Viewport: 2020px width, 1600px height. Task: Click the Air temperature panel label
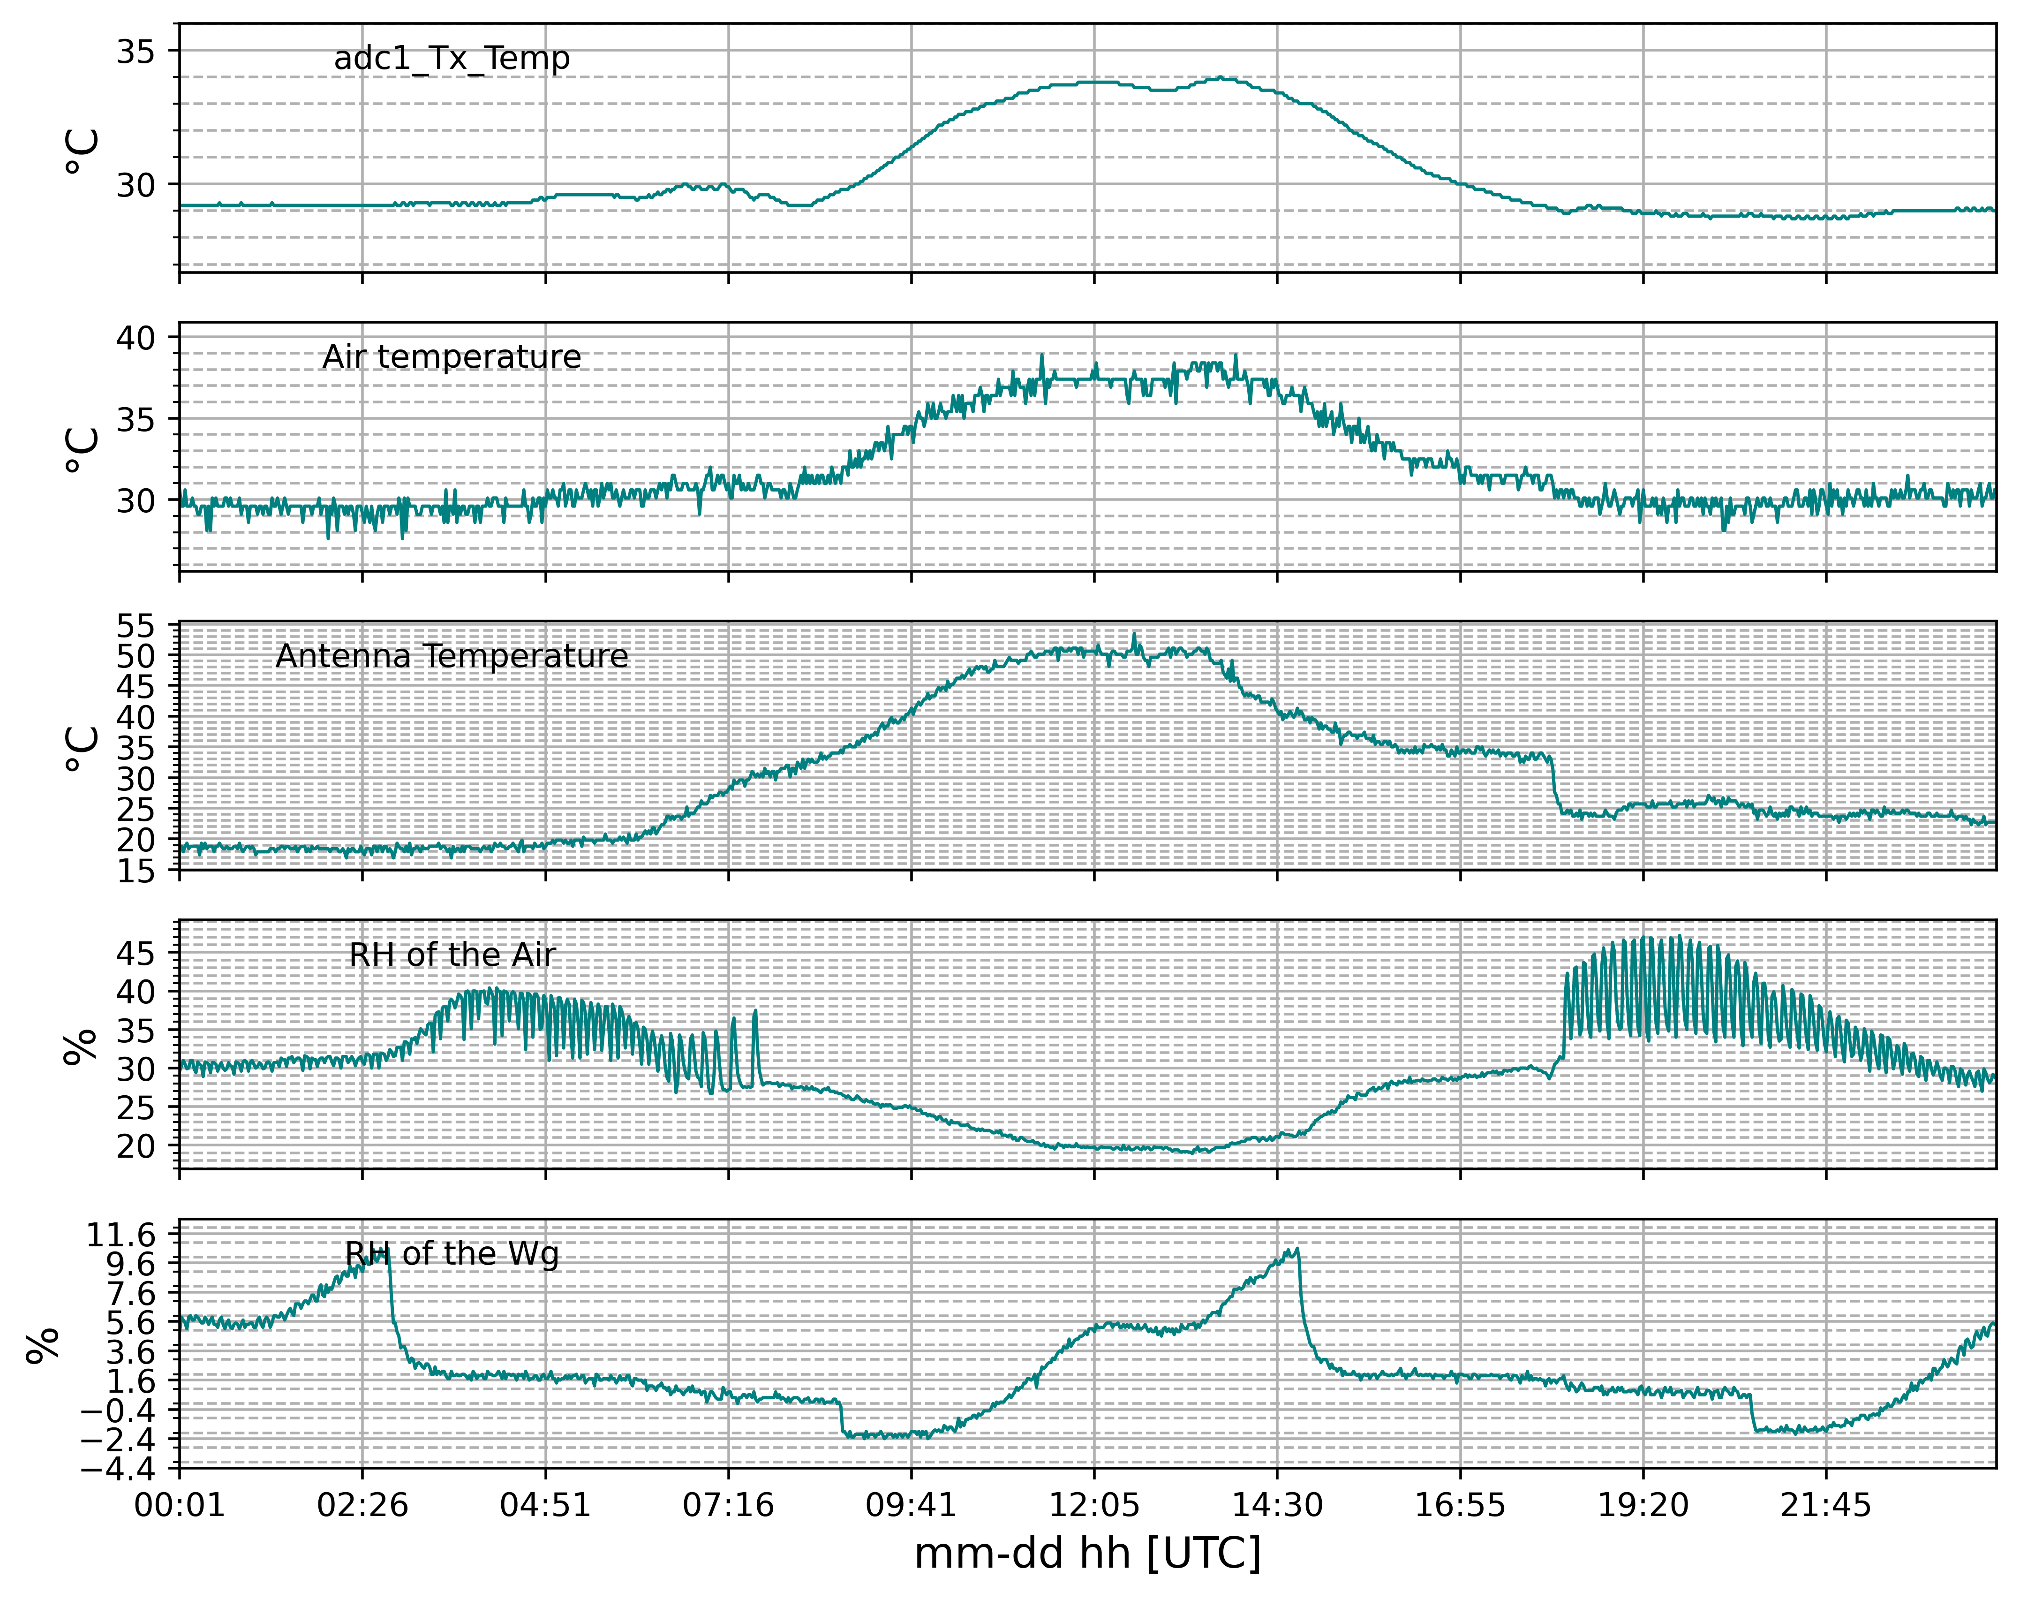(x=452, y=357)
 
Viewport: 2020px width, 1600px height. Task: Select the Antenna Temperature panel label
(x=452, y=656)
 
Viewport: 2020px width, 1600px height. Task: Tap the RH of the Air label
(x=452, y=955)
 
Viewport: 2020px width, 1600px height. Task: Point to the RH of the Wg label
(x=452, y=1253)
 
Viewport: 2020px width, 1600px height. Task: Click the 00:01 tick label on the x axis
(x=180, y=1505)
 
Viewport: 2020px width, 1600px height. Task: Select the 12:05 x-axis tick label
(x=1094, y=1505)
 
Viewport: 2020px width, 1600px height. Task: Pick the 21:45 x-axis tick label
(x=1825, y=1505)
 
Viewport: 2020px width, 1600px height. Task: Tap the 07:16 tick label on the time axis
(x=729, y=1505)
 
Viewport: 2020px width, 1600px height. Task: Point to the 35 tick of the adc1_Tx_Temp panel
(x=136, y=52)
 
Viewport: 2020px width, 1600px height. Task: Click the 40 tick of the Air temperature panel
(x=136, y=337)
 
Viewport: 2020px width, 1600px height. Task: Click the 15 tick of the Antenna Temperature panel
(x=136, y=870)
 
